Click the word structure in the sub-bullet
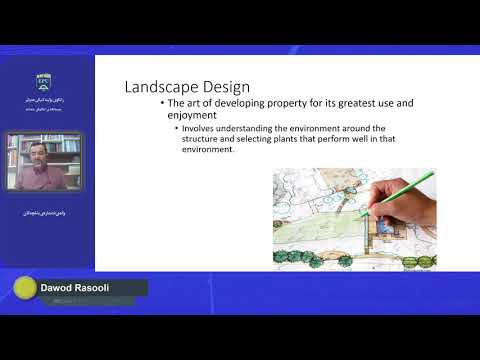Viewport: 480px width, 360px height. pos(205,140)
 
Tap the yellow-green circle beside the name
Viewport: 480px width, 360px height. pos(23,290)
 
